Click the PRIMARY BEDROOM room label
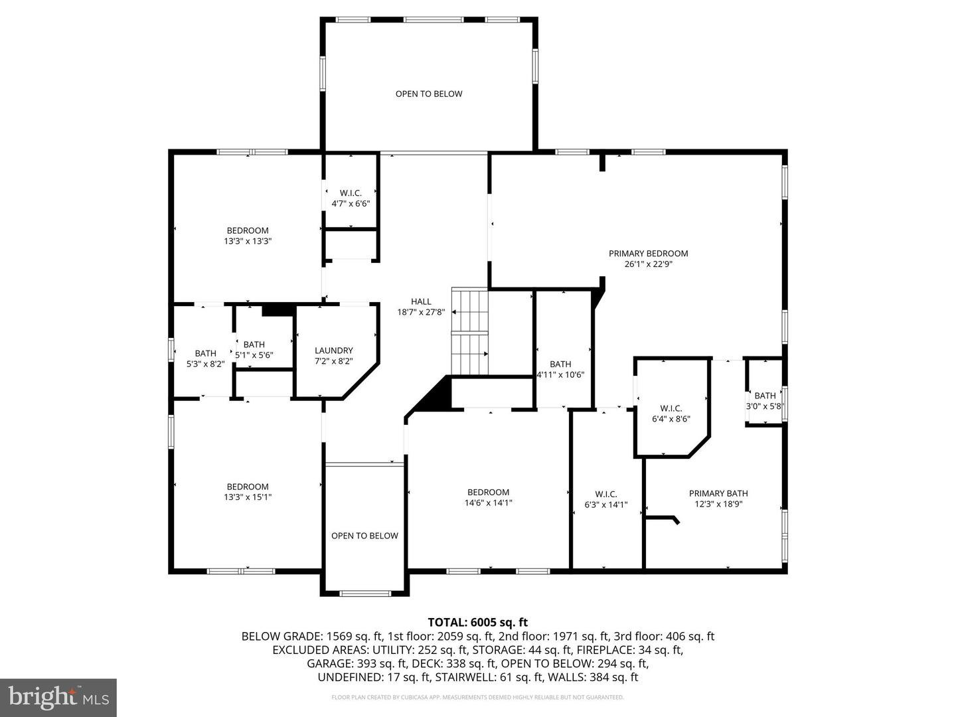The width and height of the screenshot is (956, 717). pos(648,253)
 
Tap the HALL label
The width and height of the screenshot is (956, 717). pos(420,301)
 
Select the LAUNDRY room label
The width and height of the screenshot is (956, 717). pos(333,351)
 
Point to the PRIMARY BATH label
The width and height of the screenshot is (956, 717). pos(718,493)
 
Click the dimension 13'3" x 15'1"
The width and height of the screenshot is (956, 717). pos(248,497)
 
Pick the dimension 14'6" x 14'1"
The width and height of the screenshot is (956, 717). pos(488,503)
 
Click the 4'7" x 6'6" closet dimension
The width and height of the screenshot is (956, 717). pos(351,204)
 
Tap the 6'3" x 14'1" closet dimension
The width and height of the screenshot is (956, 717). pos(605,505)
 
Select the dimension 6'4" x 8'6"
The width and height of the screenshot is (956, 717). pos(671,419)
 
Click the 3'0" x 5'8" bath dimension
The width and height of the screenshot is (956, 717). pos(765,406)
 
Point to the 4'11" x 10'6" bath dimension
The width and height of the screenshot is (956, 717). pos(560,374)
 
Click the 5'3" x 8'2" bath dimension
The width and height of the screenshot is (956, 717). pos(205,364)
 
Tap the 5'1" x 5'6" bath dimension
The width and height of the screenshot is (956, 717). pos(254,355)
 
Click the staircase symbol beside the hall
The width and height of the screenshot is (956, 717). pos(470,331)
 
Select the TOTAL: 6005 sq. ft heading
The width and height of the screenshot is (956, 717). pos(477,622)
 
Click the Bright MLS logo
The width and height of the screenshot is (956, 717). pos(58,697)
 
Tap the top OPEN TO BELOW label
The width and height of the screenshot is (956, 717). pos(429,94)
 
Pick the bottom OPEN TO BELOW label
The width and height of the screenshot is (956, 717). pos(364,536)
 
